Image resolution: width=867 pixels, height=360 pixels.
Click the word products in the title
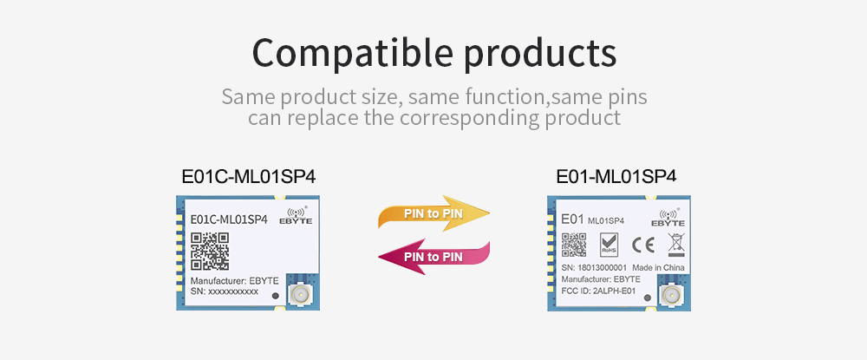pyautogui.click(x=540, y=53)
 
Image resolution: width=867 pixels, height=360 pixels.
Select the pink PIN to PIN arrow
pyautogui.click(x=433, y=257)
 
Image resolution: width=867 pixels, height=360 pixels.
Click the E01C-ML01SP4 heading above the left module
pyautogui.click(x=249, y=176)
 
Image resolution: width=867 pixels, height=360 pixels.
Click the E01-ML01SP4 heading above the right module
pyautogui.click(x=616, y=176)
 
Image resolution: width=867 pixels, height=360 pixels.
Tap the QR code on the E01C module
pyautogui.click(x=210, y=252)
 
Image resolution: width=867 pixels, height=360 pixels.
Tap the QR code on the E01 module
pyautogui.click(x=574, y=245)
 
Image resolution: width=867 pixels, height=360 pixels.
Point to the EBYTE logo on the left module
pyautogui.click(x=298, y=216)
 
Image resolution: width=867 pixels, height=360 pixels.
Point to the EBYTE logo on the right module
pyautogui.click(x=668, y=218)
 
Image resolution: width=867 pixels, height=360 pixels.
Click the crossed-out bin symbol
pyautogui.click(x=676, y=245)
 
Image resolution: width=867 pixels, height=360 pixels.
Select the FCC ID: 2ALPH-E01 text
pyautogui.click(x=601, y=291)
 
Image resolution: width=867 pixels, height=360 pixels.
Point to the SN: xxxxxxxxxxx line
pyautogui.click(x=225, y=291)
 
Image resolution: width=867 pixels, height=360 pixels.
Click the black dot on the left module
pyautogui.click(x=276, y=297)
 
